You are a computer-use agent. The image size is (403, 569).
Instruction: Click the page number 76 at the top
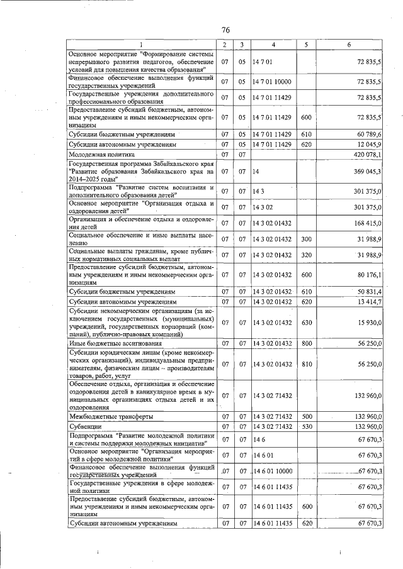[x=225, y=30]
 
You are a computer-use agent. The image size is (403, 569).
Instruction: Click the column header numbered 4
[x=273, y=45]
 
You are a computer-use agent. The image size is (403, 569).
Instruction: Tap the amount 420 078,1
[x=368, y=155]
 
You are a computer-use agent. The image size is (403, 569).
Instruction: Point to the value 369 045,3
[x=368, y=172]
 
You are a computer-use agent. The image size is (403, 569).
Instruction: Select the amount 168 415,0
[x=368, y=223]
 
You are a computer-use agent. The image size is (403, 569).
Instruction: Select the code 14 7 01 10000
[x=273, y=82]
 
